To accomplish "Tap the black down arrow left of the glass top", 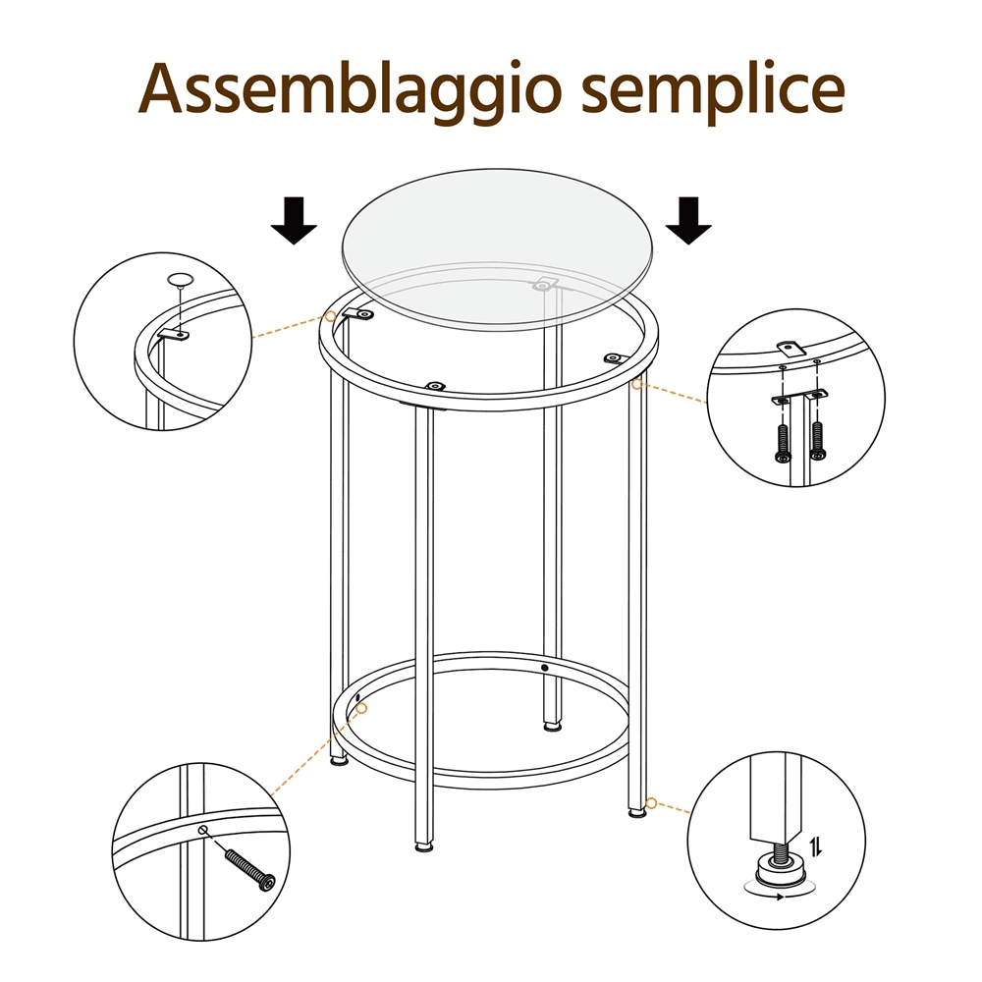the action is coord(294,220).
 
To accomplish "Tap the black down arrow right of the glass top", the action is coord(688,220).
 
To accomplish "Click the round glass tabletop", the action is coord(499,248).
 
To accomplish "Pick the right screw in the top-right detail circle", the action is coord(817,440).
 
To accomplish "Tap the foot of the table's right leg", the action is coord(637,812).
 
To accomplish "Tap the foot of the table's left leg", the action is coord(340,760).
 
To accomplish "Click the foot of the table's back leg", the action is coord(552,727).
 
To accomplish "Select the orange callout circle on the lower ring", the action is coord(361,708).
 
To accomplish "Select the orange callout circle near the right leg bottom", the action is coord(651,803).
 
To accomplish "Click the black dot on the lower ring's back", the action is coord(544,668).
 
